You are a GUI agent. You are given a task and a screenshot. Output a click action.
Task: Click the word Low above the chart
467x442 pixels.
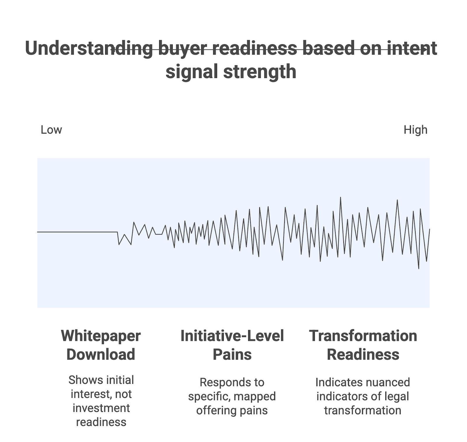pyautogui.click(x=51, y=130)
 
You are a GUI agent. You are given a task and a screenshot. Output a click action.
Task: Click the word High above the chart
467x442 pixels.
pyautogui.click(x=415, y=130)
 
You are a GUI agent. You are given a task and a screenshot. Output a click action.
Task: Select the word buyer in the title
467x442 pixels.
pyautogui.click(x=183, y=48)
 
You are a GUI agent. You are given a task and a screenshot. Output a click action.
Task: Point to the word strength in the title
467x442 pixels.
pyautogui.click(x=260, y=72)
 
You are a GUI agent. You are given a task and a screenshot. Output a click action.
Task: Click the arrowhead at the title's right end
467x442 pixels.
pyautogui.click(x=426, y=50)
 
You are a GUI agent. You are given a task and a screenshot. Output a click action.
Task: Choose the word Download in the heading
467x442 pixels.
pyautogui.click(x=101, y=354)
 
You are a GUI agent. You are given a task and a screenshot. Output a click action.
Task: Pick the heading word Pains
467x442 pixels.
pyautogui.click(x=232, y=354)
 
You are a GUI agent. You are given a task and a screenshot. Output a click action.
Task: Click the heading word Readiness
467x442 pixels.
pyautogui.click(x=363, y=354)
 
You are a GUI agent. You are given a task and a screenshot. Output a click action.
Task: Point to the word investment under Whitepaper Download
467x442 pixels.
pyautogui.click(x=101, y=408)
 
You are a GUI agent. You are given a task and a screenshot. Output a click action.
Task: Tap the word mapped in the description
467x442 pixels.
pyautogui.click(x=255, y=396)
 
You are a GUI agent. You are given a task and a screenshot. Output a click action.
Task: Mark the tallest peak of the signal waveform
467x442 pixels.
pyautogui.click(x=340, y=198)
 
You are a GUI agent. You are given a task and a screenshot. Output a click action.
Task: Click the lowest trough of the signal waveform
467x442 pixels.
pyautogui.click(x=419, y=268)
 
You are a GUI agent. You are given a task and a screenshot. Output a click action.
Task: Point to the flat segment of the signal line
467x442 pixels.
pyautogui.click(x=77, y=232)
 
